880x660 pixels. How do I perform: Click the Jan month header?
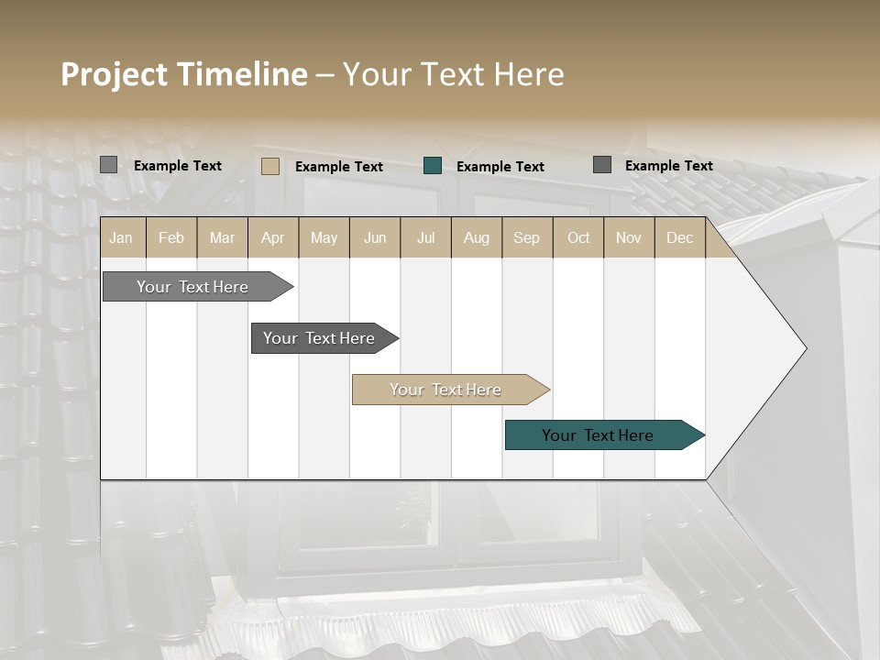[121, 238]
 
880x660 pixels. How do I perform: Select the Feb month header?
[171, 238]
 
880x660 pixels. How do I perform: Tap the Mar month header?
[222, 238]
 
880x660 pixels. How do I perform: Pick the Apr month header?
[272, 238]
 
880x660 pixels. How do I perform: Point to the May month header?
[324, 238]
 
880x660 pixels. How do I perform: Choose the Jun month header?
[375, 238]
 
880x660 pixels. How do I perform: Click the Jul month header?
[425, 238]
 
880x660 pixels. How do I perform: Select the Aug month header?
[476, 238]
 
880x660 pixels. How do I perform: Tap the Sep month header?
[526, 238]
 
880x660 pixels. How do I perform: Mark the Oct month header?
[578, 238]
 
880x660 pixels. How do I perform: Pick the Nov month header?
[629, 238]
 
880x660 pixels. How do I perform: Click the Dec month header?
[679, 238]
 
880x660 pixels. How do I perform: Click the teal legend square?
[433, 166]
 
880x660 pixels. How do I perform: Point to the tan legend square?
[270, 166]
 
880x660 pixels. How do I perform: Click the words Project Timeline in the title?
[183, 74]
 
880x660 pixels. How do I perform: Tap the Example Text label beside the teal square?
[500, 167]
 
